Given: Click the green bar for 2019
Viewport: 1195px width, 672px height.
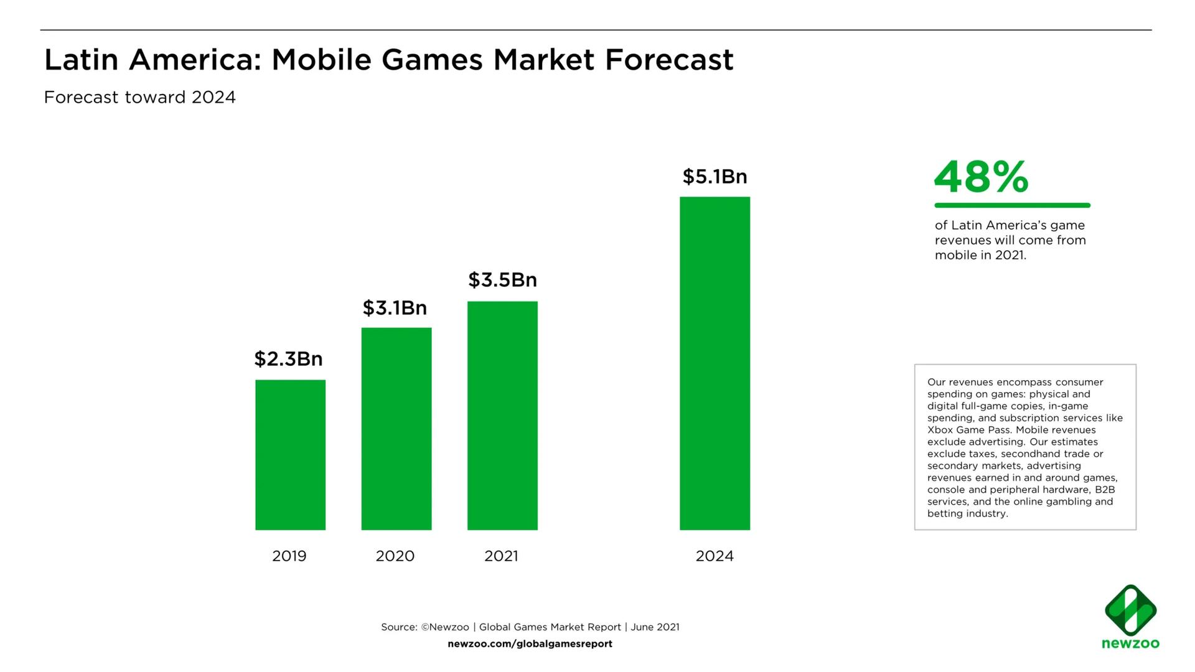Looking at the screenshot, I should click(290, 455).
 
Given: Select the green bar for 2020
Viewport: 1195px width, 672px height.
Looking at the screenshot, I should click(396, 429).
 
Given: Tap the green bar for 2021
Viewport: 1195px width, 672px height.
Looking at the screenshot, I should click(502, 416).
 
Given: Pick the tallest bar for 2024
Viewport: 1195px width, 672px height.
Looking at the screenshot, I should click(715, 363).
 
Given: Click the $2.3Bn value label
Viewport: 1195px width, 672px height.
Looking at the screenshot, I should click(288, 359).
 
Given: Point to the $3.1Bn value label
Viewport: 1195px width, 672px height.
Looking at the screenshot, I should click(395, 308).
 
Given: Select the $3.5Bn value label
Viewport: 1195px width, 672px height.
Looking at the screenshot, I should click(502, 280).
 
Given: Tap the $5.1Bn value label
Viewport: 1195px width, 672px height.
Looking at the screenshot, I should click(715, 177).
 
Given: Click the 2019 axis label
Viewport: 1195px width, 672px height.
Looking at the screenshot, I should click(289, 556).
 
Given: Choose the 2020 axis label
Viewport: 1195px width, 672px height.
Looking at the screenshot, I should click(395, 556).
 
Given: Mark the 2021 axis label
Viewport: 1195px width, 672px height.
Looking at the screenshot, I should click(502, 556).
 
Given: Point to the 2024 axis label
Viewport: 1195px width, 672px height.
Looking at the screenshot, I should click(715, 556).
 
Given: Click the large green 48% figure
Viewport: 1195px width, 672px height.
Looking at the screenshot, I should click(981, 177).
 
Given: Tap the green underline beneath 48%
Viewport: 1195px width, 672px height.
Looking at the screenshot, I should click(1012, 205).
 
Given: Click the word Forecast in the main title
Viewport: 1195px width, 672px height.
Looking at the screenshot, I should click(669, 60).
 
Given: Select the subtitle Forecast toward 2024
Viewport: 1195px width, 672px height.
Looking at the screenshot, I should click(140, 98).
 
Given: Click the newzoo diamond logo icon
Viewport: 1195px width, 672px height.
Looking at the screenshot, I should click(1130, 610).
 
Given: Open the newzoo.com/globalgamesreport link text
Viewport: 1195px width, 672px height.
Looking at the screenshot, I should click(530, 644).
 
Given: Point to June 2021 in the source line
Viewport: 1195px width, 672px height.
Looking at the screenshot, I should click(655, 627).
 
